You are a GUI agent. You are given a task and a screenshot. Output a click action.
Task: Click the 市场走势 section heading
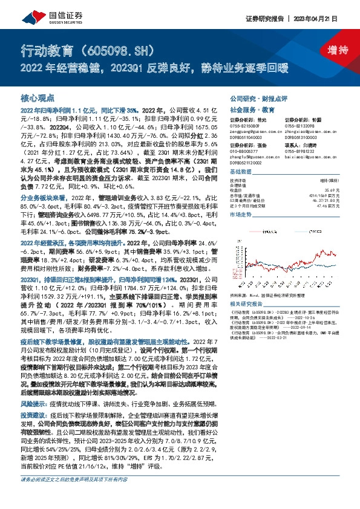240,215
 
